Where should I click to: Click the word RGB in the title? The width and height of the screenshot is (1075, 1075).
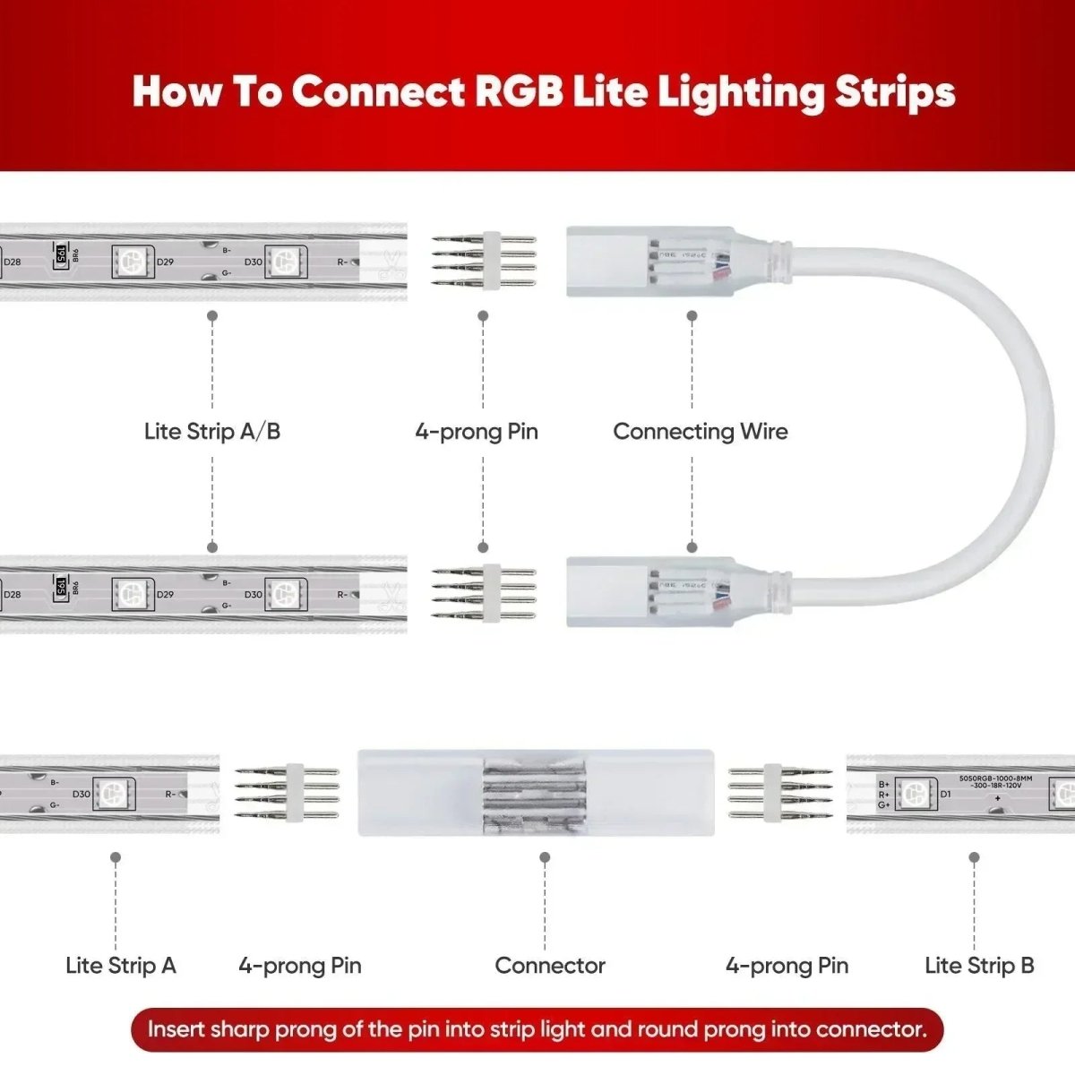point(520,91)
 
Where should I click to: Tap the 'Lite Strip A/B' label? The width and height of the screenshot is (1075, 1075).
point(212,431)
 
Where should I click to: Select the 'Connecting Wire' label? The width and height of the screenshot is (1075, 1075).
point(701,431)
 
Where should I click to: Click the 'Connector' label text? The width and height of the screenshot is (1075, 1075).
point(549,965)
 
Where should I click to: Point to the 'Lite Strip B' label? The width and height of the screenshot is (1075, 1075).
point(979,965)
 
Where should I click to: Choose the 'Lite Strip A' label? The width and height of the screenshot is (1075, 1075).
point(121,965)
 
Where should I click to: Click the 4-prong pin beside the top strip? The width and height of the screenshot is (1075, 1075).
point(485,261)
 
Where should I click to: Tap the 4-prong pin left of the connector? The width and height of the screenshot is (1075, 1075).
point(287,793)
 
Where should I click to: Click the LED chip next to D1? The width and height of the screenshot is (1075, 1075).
point(913,794)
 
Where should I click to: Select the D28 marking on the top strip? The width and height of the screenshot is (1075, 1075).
point(13,262)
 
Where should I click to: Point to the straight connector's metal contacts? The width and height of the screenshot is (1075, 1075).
point(535,792)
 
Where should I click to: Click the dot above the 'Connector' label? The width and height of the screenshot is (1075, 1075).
point(545,857)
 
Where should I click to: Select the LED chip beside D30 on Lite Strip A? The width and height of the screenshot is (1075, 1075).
point(116,793)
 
